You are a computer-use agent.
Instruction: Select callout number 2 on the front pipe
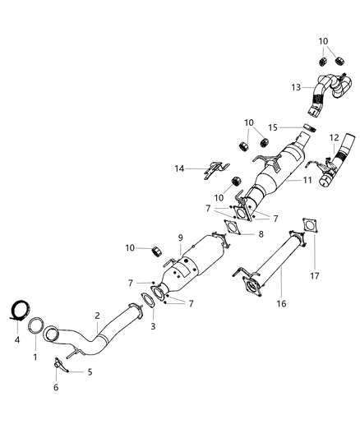click(x=98, y=316)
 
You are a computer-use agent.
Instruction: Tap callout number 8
click(x=261, y=233)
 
